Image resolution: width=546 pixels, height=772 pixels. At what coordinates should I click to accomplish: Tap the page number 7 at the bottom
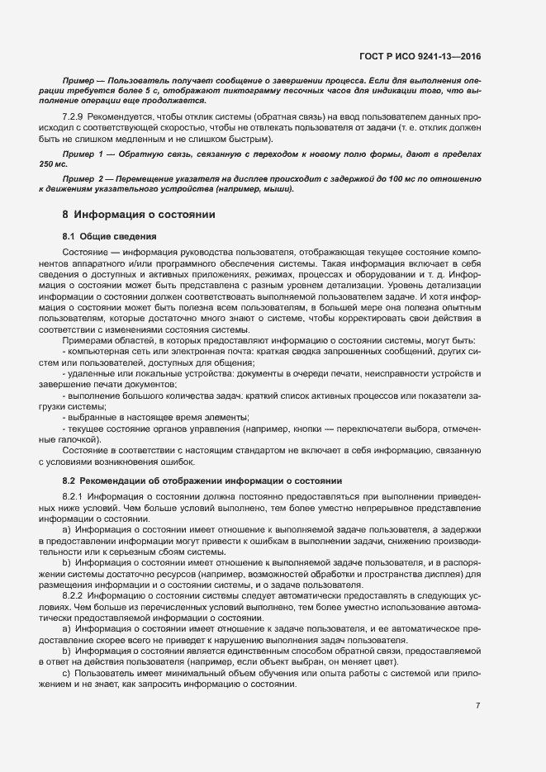[478, 706]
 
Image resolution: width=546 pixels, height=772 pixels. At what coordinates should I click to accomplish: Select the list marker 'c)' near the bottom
[67, 662]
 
